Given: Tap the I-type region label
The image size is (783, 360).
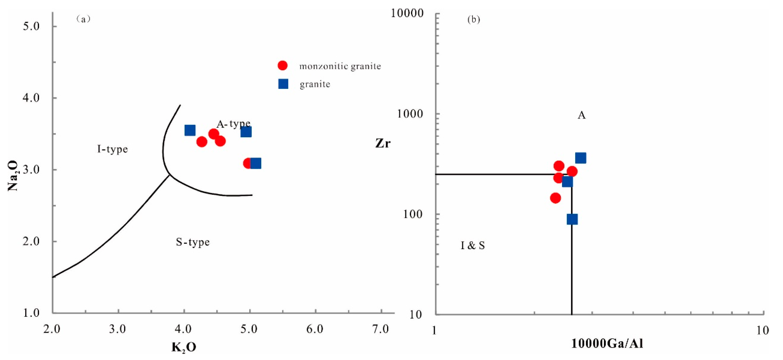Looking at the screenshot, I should [x=113, y=149].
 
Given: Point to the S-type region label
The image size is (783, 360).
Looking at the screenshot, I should [x=193, y=242].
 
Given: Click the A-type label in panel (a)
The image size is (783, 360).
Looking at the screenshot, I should [x=233, y=124].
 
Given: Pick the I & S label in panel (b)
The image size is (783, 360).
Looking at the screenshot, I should [x=473, y=246].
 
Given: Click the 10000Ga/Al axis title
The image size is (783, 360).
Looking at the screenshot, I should [x=607, y=344].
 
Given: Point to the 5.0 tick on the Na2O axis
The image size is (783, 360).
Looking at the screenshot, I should [x=31, y=26].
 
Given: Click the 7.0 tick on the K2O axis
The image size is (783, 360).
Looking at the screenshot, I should [x=381, y=329].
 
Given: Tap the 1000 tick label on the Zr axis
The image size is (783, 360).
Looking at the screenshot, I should [x=410, y=114].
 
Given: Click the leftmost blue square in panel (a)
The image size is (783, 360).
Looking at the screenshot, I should [x=190, y=130].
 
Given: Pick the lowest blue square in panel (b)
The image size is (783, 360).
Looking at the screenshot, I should [x=572, y=219].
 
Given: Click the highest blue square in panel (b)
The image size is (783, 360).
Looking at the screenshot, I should [x=581, y=158].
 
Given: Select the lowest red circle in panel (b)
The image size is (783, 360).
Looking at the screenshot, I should [x=555, y=198].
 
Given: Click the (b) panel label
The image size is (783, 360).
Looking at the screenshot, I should [x=473, y=20].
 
